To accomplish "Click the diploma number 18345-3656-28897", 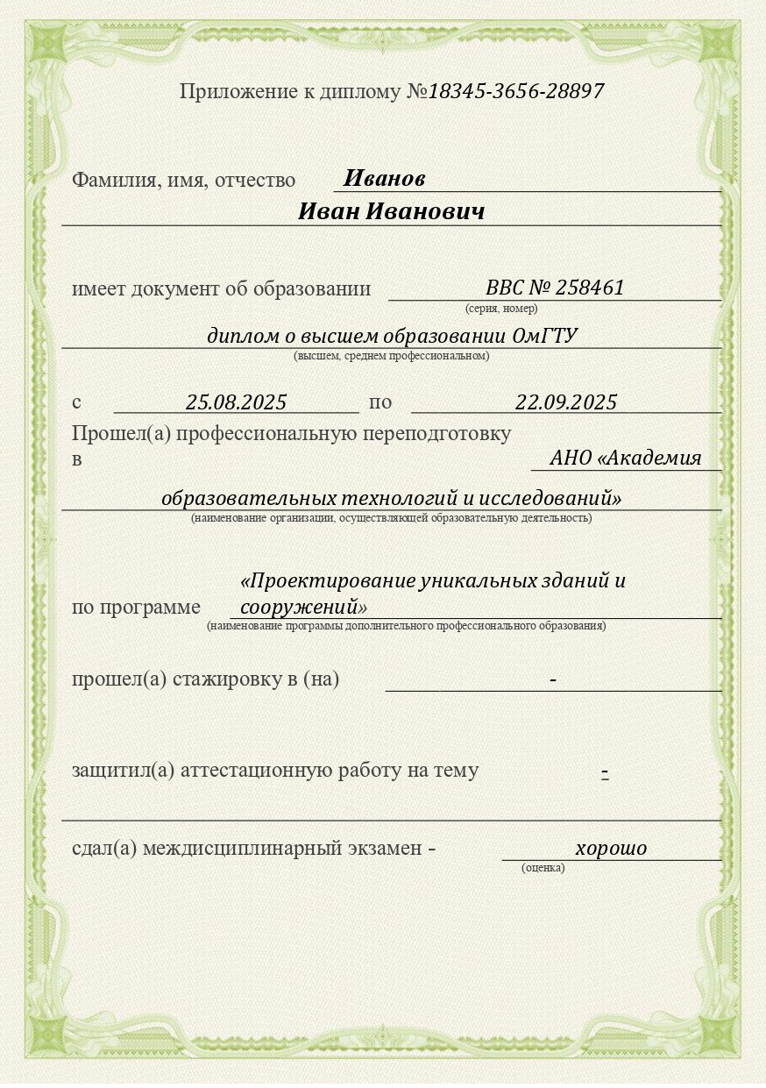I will click(515, 91).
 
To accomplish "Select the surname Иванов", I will click(384, 179).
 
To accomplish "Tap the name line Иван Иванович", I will click(391, 212).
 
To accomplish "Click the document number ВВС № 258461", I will click(554, 288).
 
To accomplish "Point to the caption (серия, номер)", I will click(501, 309).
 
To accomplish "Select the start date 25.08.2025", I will click(236, 402).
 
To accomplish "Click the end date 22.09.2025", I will click(565, 402).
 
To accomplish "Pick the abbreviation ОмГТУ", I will click(544, 336).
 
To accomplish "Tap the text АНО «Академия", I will click(625, 458).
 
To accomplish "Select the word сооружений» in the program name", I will click(303, 607).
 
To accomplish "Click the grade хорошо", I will click(611, 848).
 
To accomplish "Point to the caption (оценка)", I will click(543, 868).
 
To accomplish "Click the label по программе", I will click(136, 608).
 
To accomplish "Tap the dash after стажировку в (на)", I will click(553, 680).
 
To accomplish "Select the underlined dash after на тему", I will click(605, 772).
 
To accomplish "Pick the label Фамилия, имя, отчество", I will click(183, 181).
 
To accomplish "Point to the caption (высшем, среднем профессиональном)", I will click(391, 356).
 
